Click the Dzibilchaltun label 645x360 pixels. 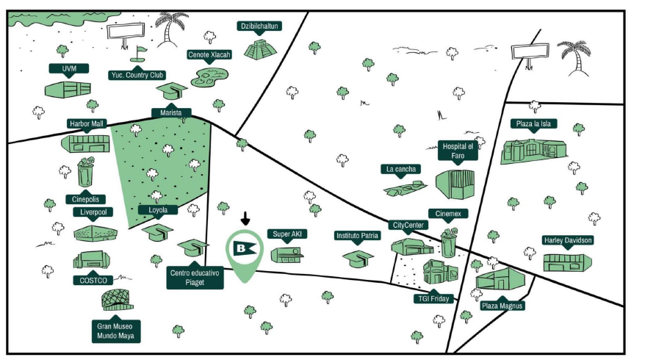pos(260,26)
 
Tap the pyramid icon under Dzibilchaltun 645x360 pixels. pos(260,50)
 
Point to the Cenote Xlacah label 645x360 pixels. pos(210,54)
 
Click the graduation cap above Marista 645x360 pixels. pos(171,91)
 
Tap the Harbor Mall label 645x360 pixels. pos(85,123)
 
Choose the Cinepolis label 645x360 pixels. pos(85,198)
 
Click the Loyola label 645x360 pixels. pos(158,210)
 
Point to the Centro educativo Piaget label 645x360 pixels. pos(195,276)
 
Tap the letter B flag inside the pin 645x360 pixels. pos(245,248)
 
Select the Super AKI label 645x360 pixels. pos(288,234)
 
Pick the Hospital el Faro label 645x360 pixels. pos(456,150)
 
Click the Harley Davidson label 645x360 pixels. pos(568,240)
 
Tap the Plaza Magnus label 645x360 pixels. pos(503,306)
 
